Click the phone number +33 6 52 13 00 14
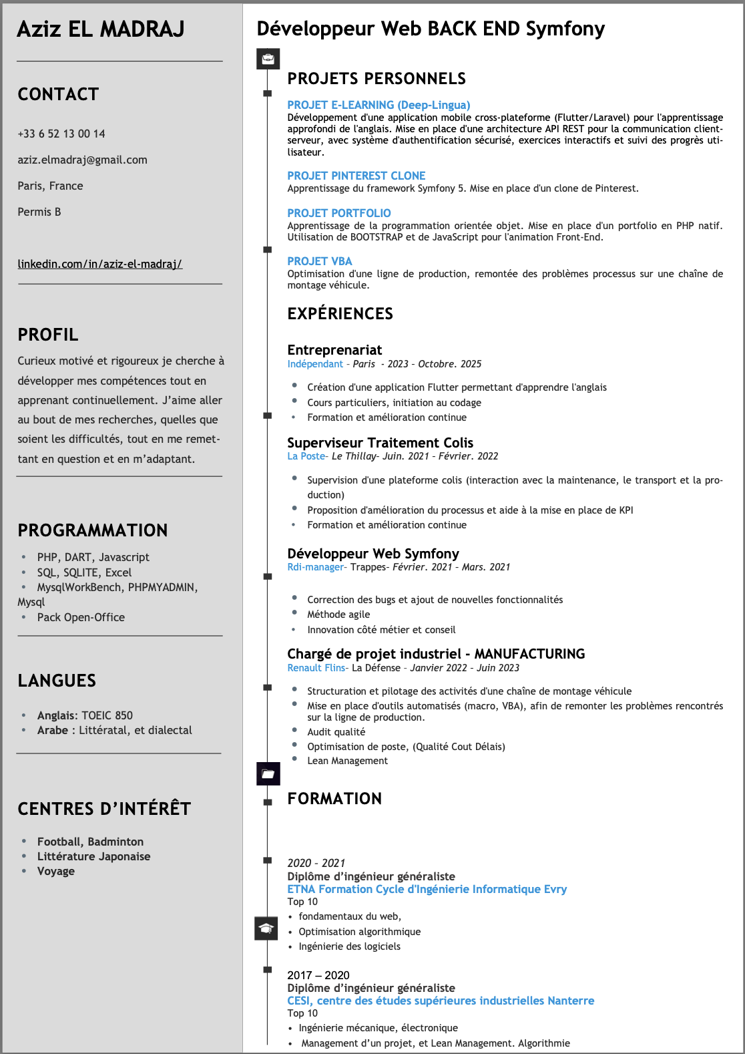pyautogui.click(x=61, y=134)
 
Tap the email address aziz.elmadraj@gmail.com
pyautogui.click(x=82, y=160)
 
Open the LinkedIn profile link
pyautogui.click(x=99, y=264)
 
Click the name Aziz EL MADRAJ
pyautogui.click(x=100, y=29)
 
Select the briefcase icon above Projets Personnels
pyautogui.click(x=268, y=59)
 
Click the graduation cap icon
pyautogui.click(x=266, y=928)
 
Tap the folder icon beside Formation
pyautogui.click(x=268, y=773)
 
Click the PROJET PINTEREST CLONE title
pyautogui.click(x=356, y=176)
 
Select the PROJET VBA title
pyautogui.click(x=319, y=261)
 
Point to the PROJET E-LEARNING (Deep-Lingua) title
pyautogui.click(x=379, y=105)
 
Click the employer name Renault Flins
pyautogui.click(x=316, y=668)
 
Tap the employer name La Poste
pyautogui.click(x=306, y=456)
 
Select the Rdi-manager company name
pyautogui.click(x=315, y=567)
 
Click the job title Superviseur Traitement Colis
pyautogui.click(x=380, y=443)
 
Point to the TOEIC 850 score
pyautogui.click(x=107, y=715)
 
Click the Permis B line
pyautogui.click(x=39, y=212)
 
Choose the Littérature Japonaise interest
pyautogui.click(x=93, y=856)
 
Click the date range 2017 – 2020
pyautogui.click(x=318, y=975)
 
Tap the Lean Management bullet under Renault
pyautogui.click(x=347, y=761)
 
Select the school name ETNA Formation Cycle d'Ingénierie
pyautogui.click(x=427, y=889)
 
